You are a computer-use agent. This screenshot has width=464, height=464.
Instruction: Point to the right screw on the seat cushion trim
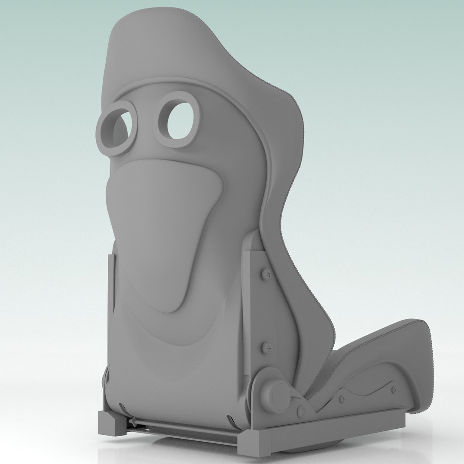394,390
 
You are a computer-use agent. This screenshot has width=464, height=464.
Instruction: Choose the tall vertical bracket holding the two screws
253,309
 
